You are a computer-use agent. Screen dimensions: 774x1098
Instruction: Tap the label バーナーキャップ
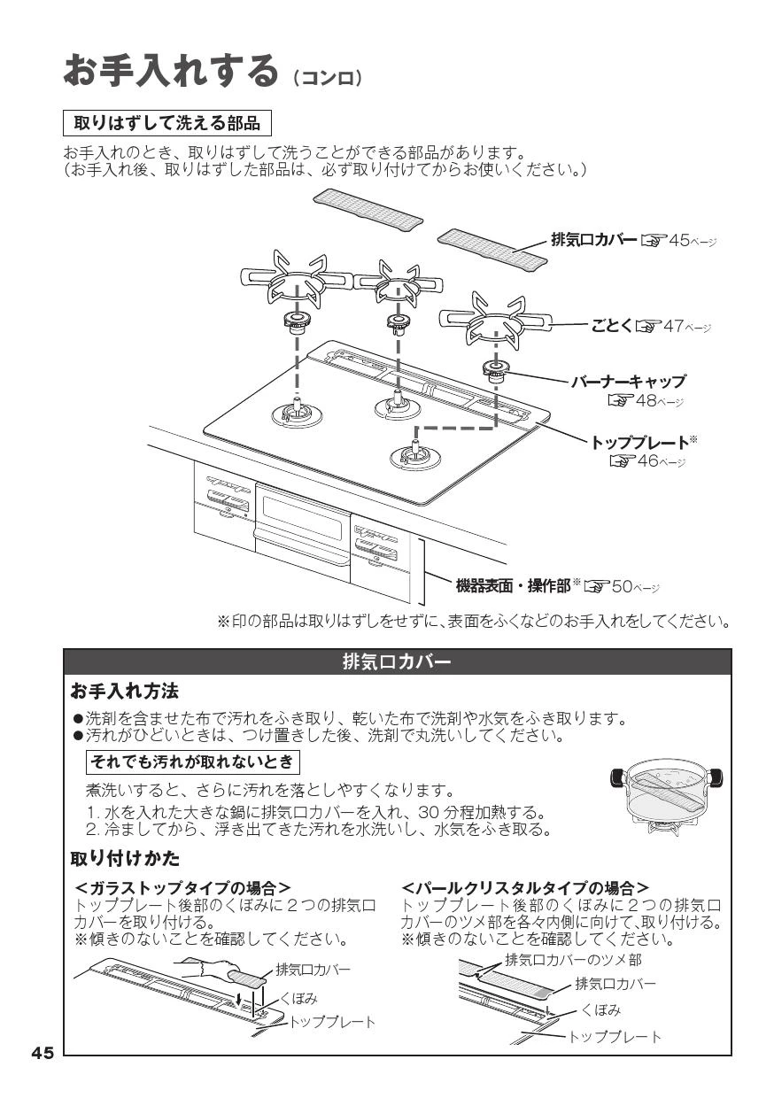(629, 382)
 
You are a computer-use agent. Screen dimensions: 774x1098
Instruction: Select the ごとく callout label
(612, 326)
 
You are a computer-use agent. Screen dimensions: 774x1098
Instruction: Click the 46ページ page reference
(647, 460)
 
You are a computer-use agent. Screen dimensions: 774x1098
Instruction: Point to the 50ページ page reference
(622, 586)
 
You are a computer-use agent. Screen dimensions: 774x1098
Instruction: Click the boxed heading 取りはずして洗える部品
(167, 123)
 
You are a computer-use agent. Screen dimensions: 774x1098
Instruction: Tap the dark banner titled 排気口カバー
(397, 662)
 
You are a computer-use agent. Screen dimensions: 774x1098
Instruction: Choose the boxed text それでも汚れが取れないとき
(193, 762)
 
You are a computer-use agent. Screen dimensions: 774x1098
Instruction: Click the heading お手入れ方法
(125, 692)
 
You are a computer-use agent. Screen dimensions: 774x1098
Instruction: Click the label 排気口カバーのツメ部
(573, 959)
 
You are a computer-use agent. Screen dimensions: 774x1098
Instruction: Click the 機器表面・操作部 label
(514, 586)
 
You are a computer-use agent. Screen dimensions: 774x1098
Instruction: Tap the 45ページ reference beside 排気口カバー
(679, 240)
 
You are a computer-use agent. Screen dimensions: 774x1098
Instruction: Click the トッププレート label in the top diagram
(639, 443)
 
